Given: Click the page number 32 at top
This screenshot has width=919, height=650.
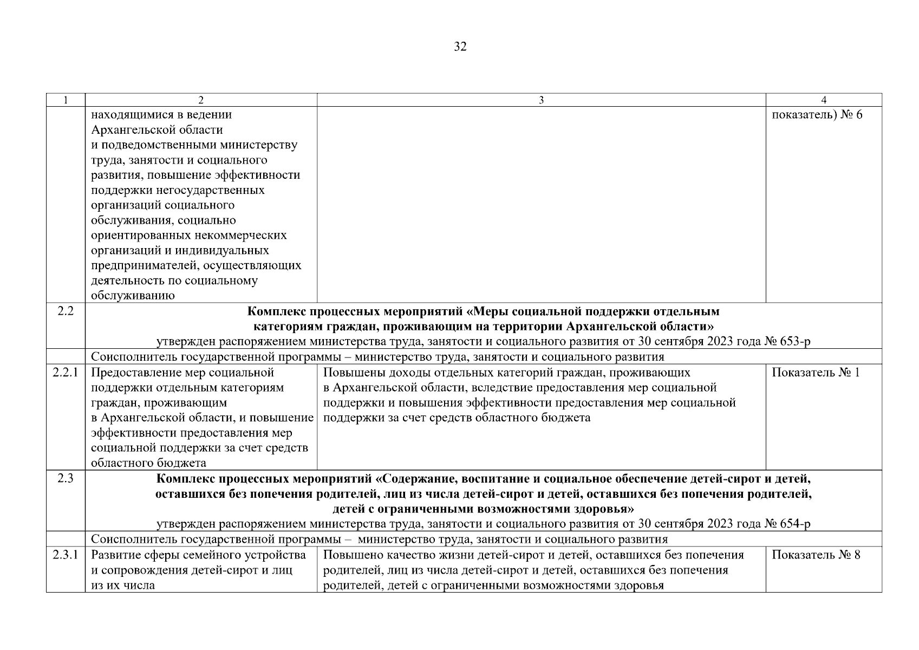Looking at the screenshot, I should (460, 47).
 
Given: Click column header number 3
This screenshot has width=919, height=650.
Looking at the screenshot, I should (541, 100).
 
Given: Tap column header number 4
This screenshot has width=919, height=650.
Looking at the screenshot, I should (824, 100).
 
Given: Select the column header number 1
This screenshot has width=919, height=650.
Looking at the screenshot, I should (66, 100).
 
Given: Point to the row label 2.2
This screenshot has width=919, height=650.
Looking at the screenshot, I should (66, 311).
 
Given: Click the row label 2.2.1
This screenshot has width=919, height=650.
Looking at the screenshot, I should (66, 373).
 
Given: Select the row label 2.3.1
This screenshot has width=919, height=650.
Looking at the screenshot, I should (66, 555).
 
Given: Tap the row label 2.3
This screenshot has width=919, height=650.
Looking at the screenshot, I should (66, 479).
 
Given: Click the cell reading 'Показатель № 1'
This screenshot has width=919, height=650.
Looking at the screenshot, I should (816, 373).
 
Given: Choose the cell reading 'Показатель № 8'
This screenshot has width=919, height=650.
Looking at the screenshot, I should (816, 555).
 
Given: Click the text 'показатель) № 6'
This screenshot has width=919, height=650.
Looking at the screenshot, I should (817, 115).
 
